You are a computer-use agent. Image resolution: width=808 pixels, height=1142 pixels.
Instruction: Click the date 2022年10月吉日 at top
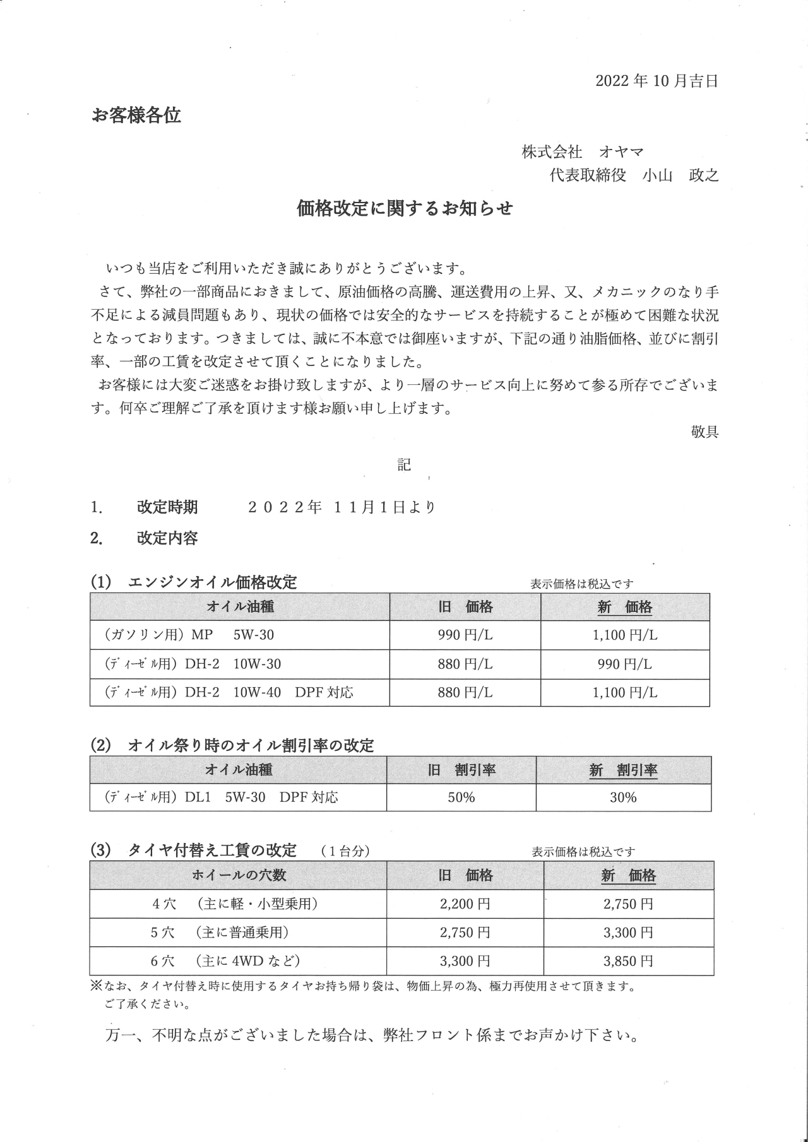[x=656, y=81]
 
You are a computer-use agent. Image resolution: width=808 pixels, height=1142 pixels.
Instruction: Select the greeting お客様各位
[x=136, y=115]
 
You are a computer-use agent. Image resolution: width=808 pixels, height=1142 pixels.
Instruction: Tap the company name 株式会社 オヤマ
[x=582, y=152]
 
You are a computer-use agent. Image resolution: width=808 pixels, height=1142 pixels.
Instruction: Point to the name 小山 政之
[x=680, y=175]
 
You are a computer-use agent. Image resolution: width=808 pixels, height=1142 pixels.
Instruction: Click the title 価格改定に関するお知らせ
[x=405, y=208]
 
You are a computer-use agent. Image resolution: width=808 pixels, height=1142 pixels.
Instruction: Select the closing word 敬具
[x=704, y=432]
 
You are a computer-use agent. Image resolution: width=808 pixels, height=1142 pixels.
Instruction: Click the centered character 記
[x=404, y=465]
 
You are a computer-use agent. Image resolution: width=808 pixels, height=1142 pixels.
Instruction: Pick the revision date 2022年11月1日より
[x=342, y=507]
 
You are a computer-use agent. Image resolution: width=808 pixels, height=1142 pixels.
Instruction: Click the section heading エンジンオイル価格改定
[x=212, y=582]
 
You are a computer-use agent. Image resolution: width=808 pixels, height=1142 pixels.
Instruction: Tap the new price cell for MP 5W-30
[x=625, y=635]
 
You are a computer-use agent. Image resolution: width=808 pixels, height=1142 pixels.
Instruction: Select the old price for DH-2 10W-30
[x=465, y=664]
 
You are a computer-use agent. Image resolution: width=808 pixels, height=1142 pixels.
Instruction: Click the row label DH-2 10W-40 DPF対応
[x=229, y=693]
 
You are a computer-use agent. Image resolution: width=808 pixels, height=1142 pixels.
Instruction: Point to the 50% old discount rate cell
[x=461, y=798]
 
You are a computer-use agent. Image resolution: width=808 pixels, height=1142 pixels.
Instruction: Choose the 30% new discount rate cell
[x=623, y=798]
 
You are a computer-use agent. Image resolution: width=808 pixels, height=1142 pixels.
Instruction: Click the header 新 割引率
[x=623, y=770]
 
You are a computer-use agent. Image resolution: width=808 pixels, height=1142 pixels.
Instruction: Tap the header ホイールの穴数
[x=239, y=876]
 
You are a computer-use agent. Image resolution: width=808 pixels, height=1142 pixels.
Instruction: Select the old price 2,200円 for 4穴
[x=465, y=904]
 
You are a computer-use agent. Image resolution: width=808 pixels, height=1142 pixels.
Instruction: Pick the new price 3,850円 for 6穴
[x=628, y=962]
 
